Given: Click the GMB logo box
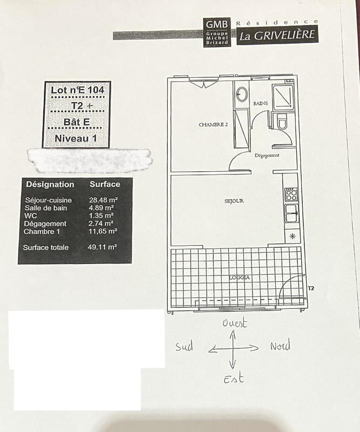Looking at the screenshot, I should pos(217,32).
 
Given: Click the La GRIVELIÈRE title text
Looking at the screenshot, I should pos(277,36).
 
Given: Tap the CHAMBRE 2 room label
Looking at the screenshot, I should pos(213,124).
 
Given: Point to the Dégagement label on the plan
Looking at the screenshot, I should pos(267,156).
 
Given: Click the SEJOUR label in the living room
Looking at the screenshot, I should pos(234,201).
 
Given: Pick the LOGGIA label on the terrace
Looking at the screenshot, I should pos(239,278).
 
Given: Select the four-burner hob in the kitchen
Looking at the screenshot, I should pos(291,194).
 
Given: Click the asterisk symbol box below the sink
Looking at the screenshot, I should pos(292,236).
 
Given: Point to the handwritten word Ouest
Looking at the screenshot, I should pos(235,323).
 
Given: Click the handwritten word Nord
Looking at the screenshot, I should pos(280,346).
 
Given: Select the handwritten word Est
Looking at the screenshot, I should pos(233,379).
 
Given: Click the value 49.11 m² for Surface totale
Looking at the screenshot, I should pos(103,247).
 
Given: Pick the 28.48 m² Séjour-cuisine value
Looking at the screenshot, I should pos(103,200).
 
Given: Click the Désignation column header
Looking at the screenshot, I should pos(50,184).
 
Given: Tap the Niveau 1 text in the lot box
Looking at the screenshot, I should pos(76,138).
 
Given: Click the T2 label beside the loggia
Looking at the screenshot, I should pos(310,288).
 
